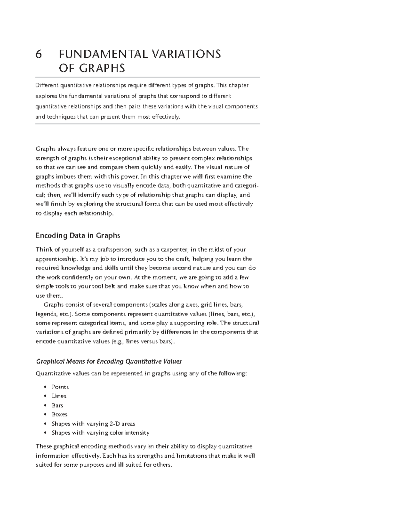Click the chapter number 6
pyautogui.click(x=39, y=54)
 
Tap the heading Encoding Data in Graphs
pyautogui.click(x=78, y=235)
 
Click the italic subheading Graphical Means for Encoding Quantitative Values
pyautogui.click(x=109, y=361)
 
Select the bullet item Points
pyautogui.click(x=60, y=387)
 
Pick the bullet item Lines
pyautogui.click(x=59, y=396)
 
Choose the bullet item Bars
pyautogui.click(x=57, y=405)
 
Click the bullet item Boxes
pyautogui.click(x=59, y=414)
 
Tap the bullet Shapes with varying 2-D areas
pyautogui.click(x=93, y=424)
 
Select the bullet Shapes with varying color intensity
pyautogui.click(x=100, y=433)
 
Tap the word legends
pyautogui.click(x=45, y=314)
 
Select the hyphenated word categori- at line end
pyautogui.click(x=246, y=186)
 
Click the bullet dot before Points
pyautogui.click(x=45, y=387)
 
